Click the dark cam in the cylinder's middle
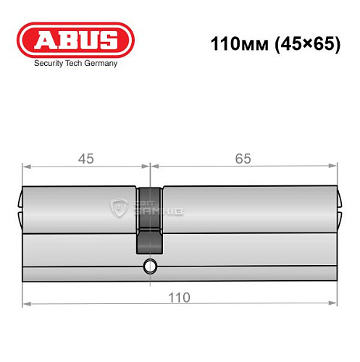150,220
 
